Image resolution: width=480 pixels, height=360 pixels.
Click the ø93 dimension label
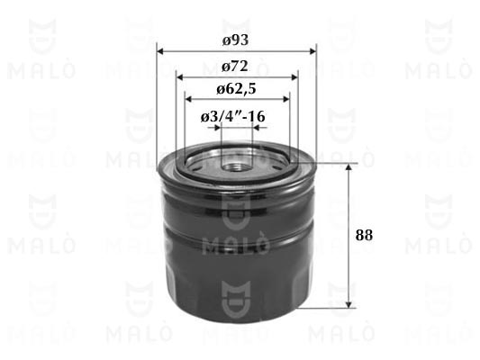pos(235,40)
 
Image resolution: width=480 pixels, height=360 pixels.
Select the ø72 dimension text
pos(235,66)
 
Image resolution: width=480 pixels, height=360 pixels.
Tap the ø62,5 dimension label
pos(236,89)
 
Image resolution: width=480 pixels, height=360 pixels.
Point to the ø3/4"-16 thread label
pos(233,116)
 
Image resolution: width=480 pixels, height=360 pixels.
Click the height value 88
pos(364,235)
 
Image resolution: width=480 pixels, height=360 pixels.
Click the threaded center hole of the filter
pos(235,167)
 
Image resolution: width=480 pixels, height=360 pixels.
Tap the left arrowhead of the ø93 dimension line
pos(160,51)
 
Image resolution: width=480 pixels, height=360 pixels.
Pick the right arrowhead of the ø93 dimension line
pos(312,51)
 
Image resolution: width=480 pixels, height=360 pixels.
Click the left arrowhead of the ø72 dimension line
pos(180,76)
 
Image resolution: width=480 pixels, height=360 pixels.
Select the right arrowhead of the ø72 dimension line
pos(294,76)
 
